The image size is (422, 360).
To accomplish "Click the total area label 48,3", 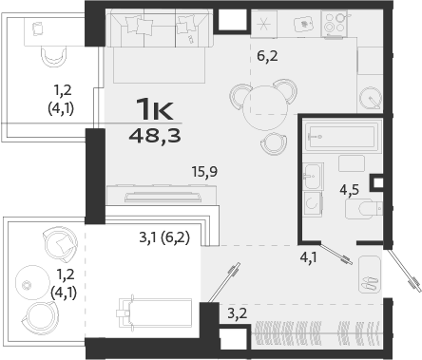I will (157, 135).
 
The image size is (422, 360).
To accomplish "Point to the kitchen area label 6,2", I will (268, 57).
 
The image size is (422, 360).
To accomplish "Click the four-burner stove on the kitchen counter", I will (335, 24).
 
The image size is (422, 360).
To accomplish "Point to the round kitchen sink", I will (371, 96).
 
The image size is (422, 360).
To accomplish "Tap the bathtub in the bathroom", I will (342, 138).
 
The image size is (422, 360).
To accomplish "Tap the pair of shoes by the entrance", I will (368, 278).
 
